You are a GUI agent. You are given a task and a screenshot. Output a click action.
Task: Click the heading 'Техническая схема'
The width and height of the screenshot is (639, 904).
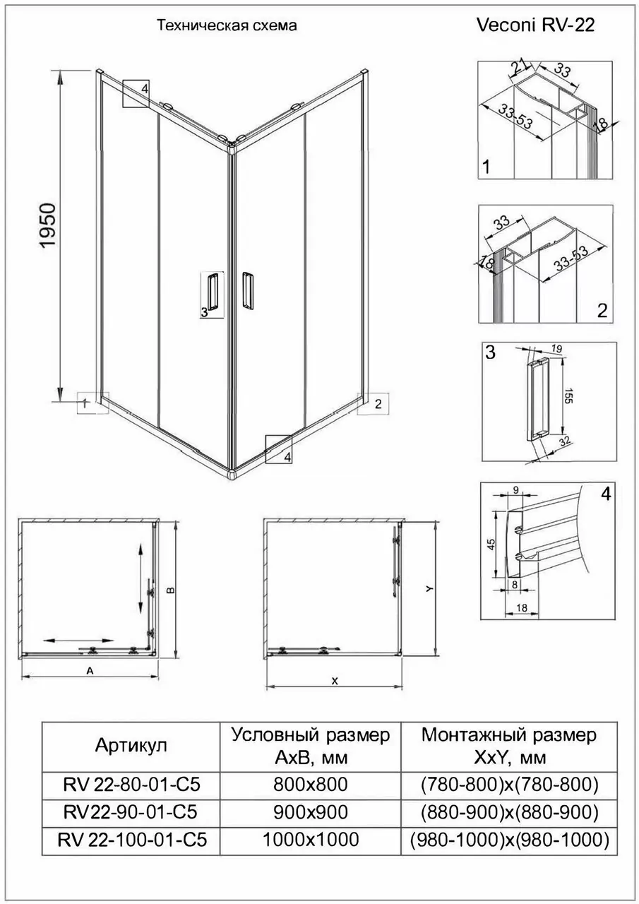click(x=226, y=26)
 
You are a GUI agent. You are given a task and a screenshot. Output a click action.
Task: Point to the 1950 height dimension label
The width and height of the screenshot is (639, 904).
click(x=47, y=226)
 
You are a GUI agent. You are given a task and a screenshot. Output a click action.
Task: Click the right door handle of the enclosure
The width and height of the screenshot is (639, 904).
click(x=247, y=290)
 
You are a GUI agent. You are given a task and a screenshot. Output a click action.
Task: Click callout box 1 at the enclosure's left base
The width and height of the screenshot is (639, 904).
click(x=90, y=403)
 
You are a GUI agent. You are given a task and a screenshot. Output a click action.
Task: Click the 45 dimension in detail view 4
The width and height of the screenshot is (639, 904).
click(x=491, y=543)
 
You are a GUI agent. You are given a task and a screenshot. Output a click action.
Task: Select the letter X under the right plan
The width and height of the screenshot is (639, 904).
click(x=335, y=681)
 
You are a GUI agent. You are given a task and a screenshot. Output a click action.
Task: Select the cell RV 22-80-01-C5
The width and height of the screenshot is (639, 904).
click(x=131, y=784)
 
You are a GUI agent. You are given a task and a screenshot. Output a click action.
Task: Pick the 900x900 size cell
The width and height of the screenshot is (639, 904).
click(x=311, y=811)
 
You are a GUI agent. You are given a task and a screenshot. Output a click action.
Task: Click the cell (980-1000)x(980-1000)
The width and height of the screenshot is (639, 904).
click(x=509, y=840)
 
